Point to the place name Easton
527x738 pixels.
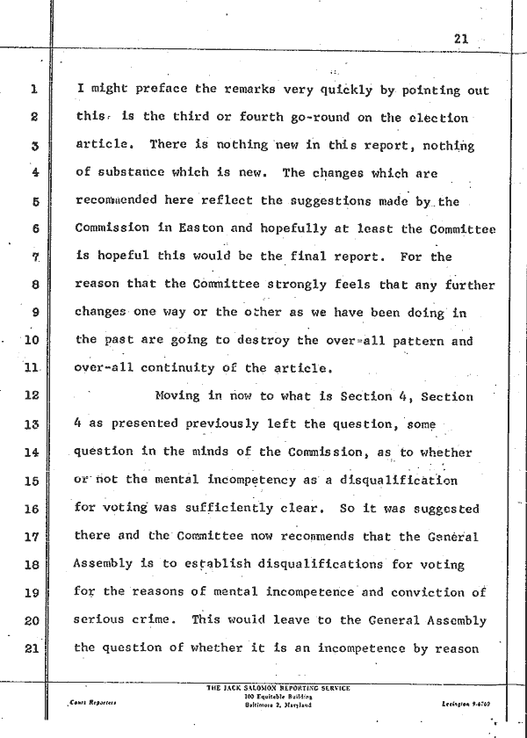click(207, 228)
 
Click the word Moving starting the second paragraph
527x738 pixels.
click(177, 396)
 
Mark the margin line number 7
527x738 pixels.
click(33, 257)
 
